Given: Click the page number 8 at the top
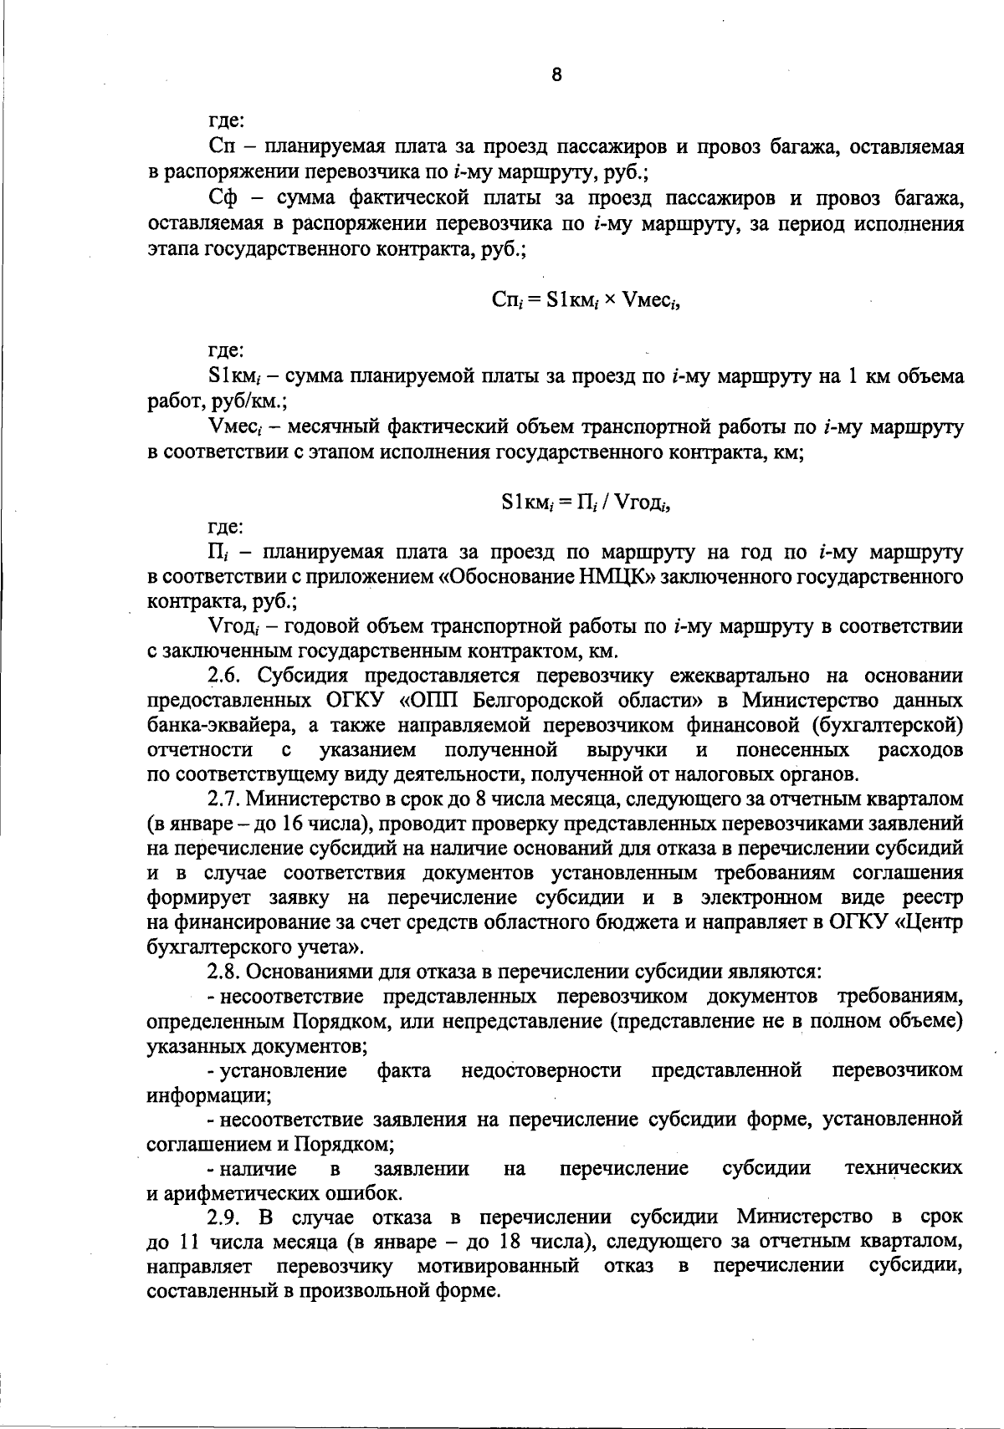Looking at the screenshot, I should point(557,75).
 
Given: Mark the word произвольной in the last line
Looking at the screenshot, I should point(341,1289).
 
